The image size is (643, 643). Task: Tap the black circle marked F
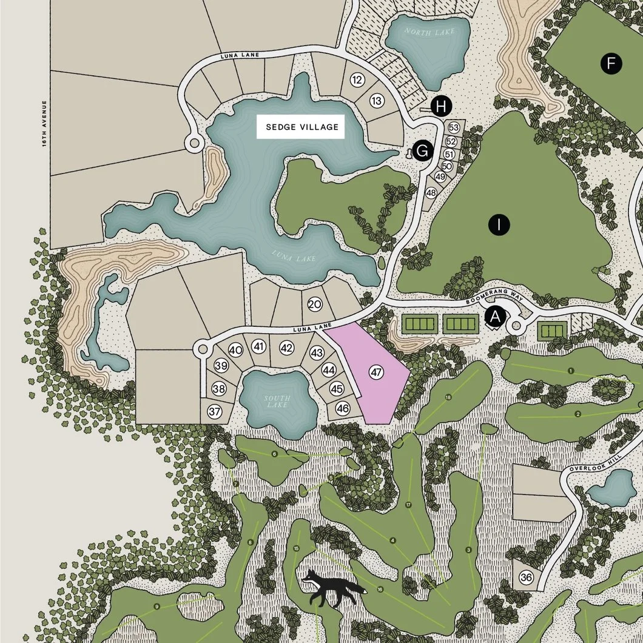click(611, 63)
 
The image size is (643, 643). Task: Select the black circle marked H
click(442, 107)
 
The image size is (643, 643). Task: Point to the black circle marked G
click(423, 151)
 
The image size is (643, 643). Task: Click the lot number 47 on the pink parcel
click(377, 372)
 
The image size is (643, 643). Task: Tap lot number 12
click(357, 80)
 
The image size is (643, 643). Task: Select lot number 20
click(314, 305)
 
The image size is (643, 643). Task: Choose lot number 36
click(526, 578)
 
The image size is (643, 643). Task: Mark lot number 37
click(215, 411)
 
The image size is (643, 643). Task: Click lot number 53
click(453, 128)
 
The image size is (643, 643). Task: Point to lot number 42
click(287, 348)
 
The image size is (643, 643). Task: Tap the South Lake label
click(277, 401)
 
